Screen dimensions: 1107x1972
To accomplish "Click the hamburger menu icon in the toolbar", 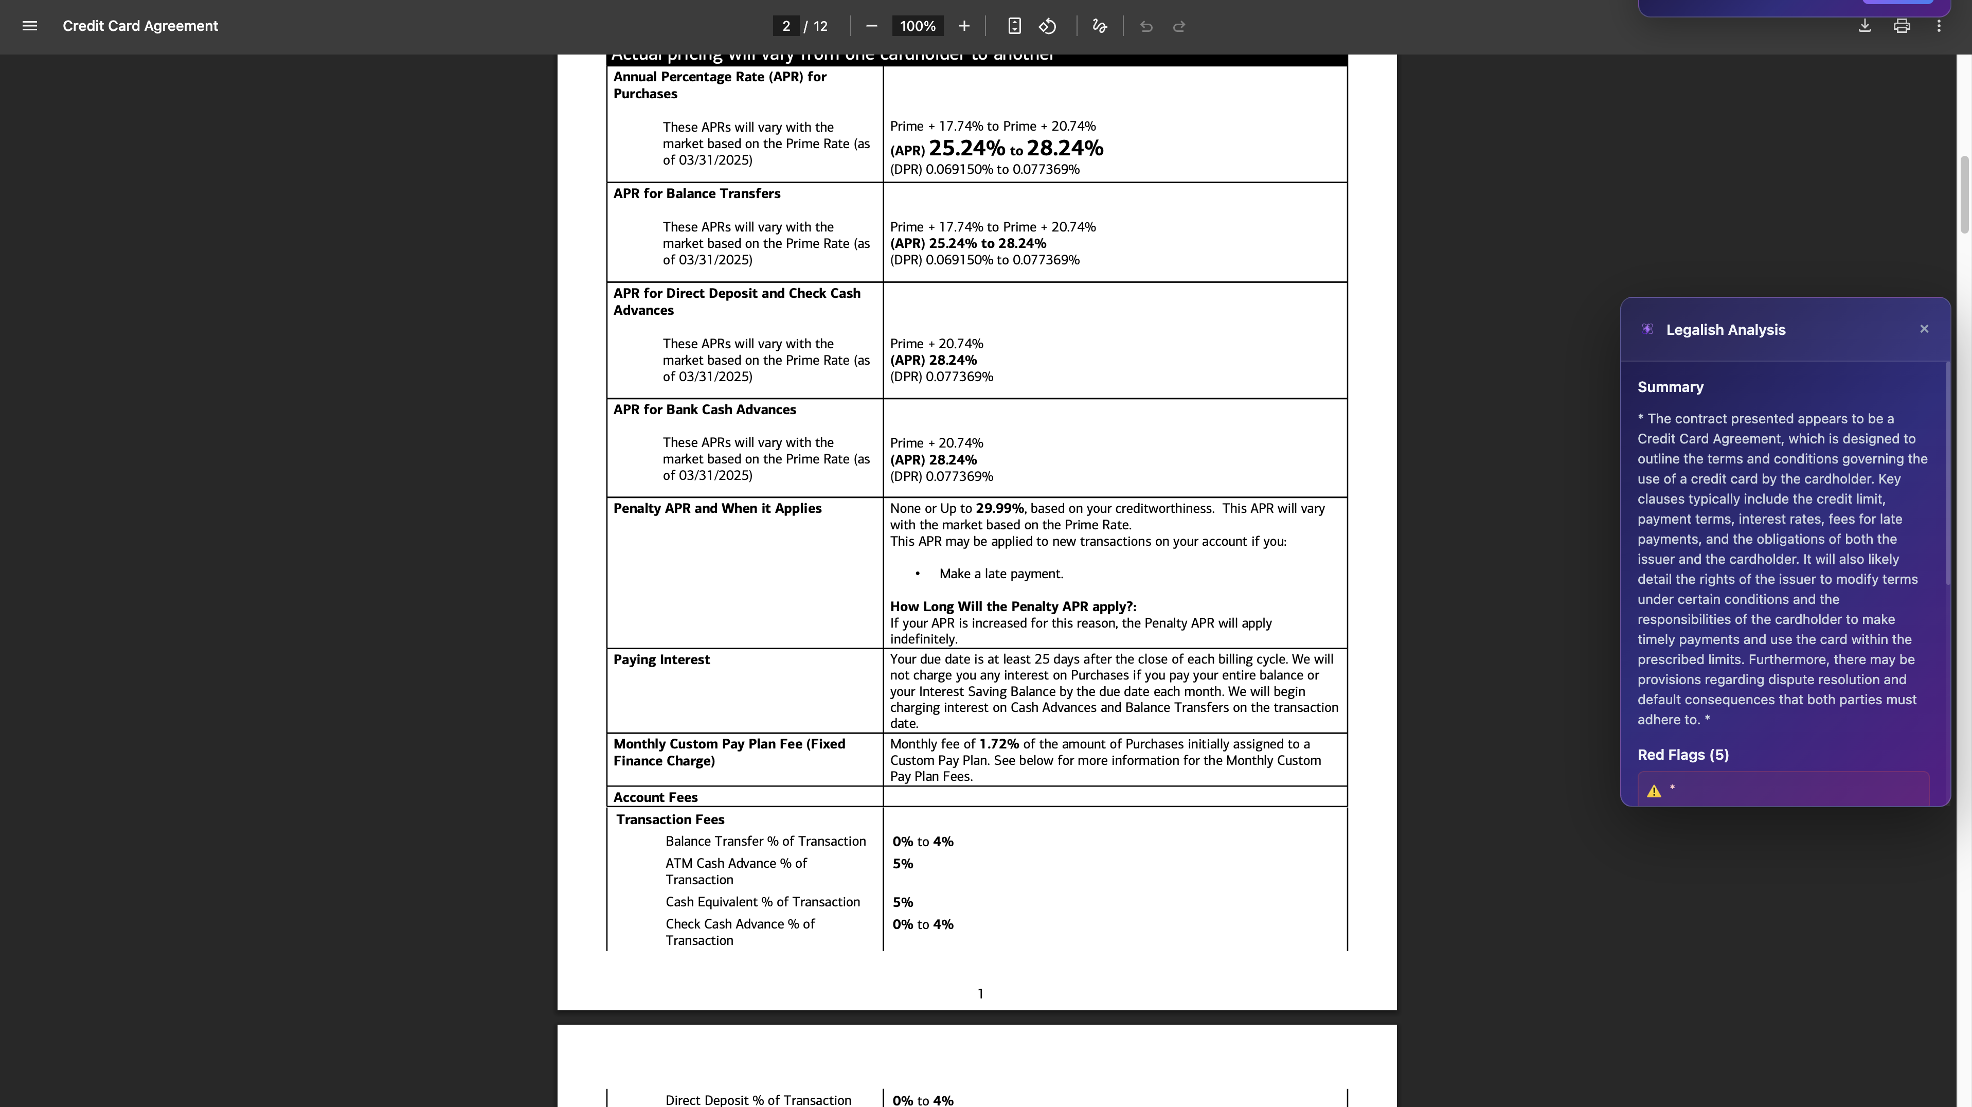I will click(30, 26).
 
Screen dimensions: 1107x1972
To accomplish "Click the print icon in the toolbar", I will click(1902, 26).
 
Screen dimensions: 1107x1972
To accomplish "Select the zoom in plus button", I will click(964, 26).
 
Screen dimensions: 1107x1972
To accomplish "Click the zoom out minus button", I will click(871, 26).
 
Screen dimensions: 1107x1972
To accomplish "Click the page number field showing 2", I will click(785, 26).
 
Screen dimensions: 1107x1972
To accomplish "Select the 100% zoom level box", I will click(917, 26).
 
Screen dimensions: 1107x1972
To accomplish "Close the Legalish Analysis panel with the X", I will click(1924, 329).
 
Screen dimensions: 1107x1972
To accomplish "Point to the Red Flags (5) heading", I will click(1682, 755).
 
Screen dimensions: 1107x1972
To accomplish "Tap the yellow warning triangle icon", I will click(1654, 791).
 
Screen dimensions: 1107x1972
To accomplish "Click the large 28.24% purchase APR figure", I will click(1064, 149).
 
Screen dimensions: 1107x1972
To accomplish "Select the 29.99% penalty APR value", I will click(999, 508).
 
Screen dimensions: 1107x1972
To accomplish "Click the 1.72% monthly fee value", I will click(998, 744).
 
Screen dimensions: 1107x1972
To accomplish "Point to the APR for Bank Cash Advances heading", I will click(704, 409).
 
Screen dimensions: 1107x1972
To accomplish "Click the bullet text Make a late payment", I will click(1000, 574).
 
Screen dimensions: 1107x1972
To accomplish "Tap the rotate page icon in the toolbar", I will click(1047, 26).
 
